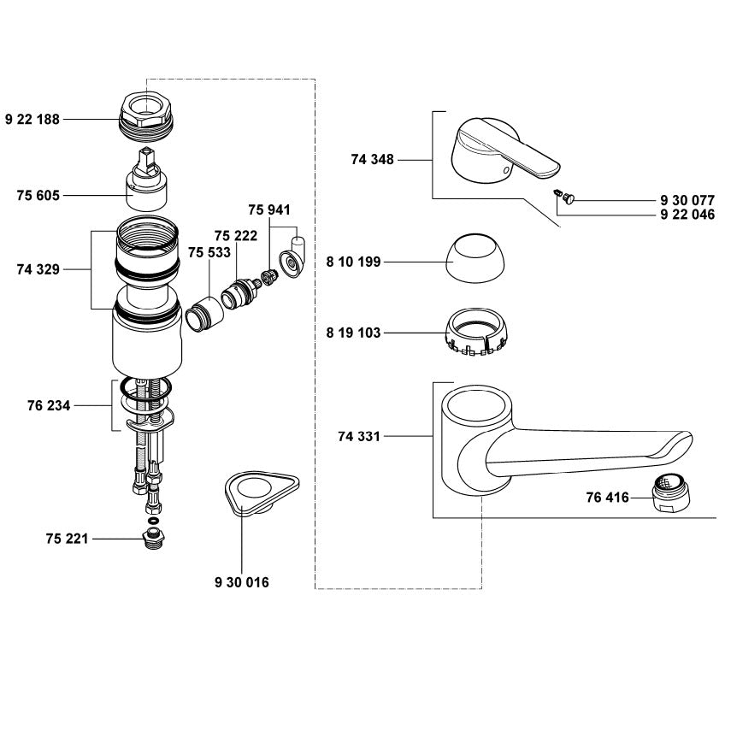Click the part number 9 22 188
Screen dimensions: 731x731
[32, 120]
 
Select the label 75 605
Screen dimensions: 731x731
[38, 196]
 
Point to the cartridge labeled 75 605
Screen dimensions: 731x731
[146, 184]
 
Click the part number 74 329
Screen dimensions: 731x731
[38, 268]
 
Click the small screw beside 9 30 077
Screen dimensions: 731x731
[566, 197]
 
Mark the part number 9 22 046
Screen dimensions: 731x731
[687, 215]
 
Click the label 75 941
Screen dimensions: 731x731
[269, 209]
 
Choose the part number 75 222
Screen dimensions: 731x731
[236, 235]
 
